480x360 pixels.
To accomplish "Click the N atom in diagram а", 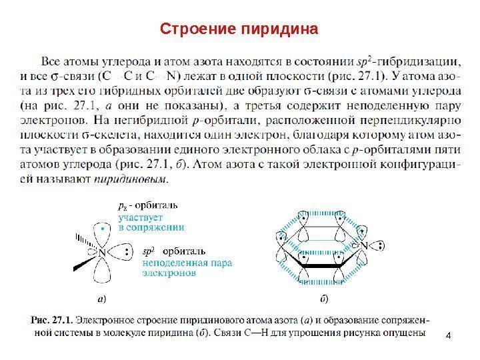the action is (x=102, y=253).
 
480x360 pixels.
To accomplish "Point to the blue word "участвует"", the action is (x=140, y=217).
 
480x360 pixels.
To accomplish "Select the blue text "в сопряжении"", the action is (x=151, y=227).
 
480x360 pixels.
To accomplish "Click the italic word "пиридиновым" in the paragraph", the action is (x=140, y=179).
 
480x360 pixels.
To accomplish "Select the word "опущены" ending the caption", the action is (x=404, y=333).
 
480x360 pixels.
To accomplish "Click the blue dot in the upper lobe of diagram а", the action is (x=102, y=228).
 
